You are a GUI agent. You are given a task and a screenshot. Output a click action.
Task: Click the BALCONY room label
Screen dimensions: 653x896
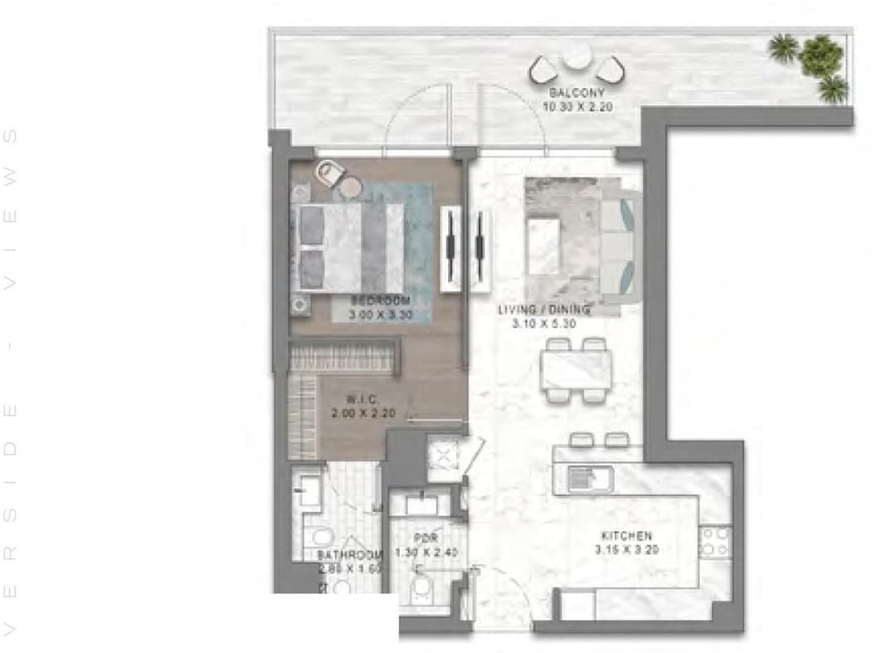pyautogui.click(x=577, y=94)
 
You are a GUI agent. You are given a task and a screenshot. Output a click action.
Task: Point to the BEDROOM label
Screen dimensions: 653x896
pyautogui.click(x=381, y=300)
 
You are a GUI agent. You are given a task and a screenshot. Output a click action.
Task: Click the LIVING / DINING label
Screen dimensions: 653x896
pyautogui.click(x=543, y=310)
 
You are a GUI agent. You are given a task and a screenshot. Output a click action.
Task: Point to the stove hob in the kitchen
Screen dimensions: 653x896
pyautogui.click(x=714, y=543)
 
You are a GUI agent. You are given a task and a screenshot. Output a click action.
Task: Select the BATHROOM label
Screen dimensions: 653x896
pyautogui.click(x=349, y=554)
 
